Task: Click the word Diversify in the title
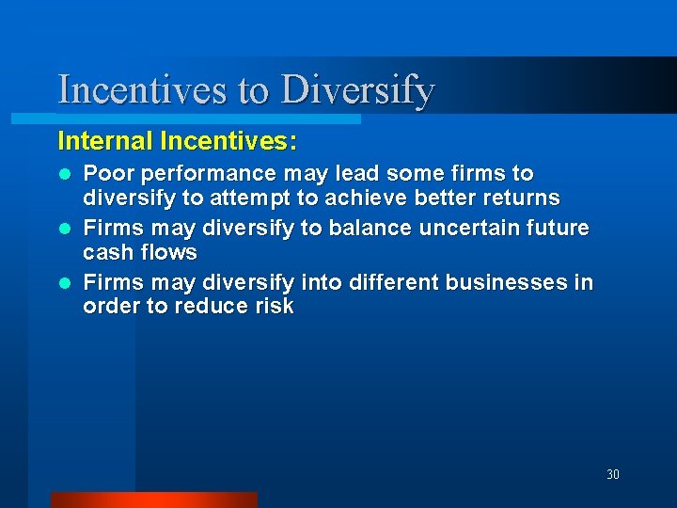pos(358,91)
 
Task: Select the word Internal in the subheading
pos(105,142)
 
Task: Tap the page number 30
pos(612,474)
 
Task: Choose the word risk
pos(273,307)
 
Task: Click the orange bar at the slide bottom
pos(153,500)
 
